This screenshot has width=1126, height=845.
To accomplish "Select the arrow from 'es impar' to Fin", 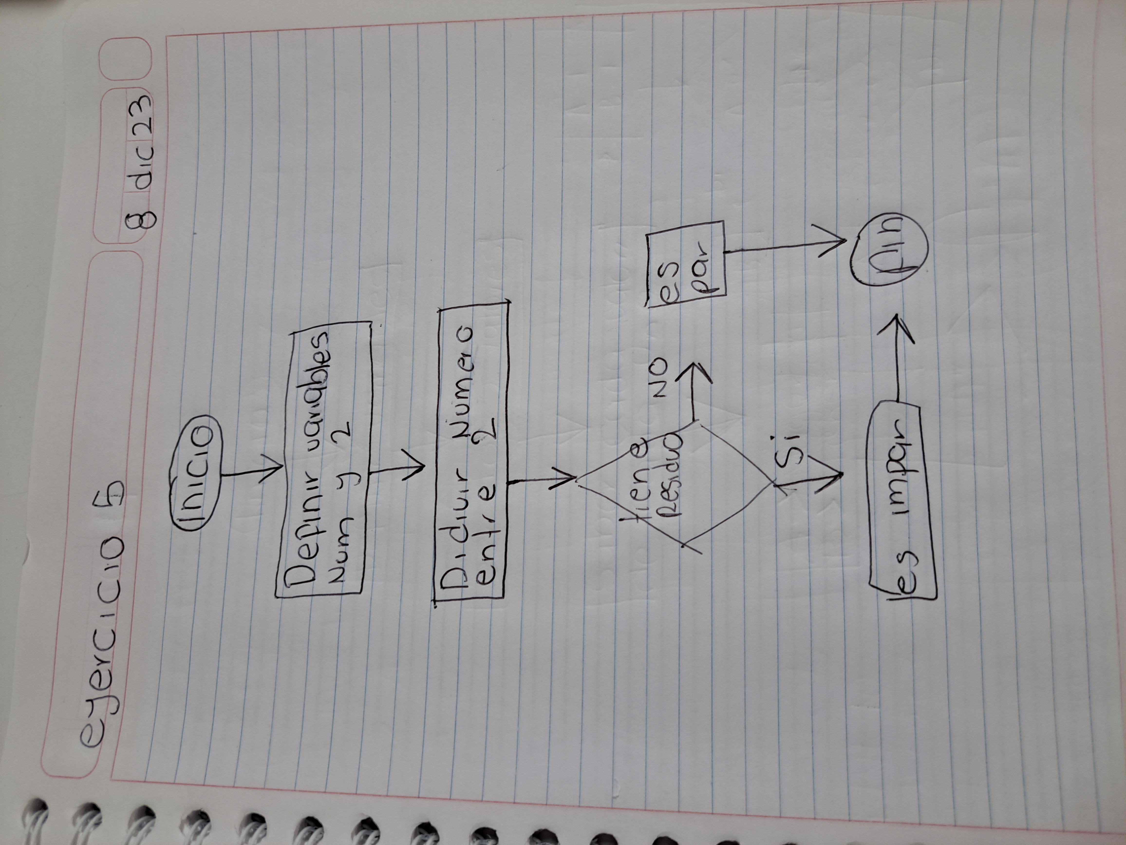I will coord(899,367).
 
